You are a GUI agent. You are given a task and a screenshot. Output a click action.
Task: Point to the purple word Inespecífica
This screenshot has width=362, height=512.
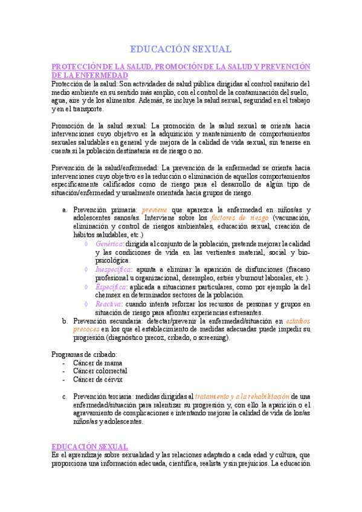pyautogui.click(x=114, y=269)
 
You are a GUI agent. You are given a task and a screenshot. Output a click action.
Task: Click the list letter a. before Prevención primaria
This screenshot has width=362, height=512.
pyautogui.click(x=65, y=209)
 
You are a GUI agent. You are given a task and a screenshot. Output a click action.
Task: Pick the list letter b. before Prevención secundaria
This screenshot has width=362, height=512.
pyautogui.click(x=65, y=321)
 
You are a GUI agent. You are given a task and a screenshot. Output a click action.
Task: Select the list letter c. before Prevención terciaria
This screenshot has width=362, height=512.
pyautogui.click(x=65, y=397)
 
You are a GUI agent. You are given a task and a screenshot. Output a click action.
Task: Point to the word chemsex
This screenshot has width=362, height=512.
pyautogui.click(x=109, y=296)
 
